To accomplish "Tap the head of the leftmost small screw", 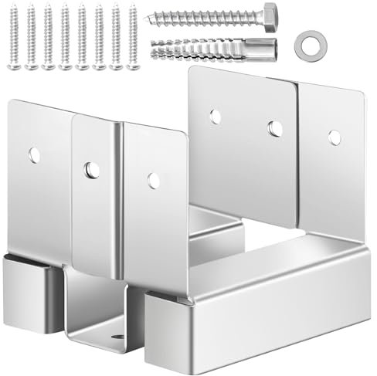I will [14, 9].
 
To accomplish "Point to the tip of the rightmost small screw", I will [133, 68].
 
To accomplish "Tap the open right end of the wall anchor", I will [272, 48].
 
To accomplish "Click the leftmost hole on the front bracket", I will [34, 154].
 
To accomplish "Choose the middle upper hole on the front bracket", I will [92, 168].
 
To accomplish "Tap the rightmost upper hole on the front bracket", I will [154, 181].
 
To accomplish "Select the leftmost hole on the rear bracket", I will [216, 117].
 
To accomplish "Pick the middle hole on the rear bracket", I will [275, 128].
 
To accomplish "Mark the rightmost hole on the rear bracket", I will [335, 137].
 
